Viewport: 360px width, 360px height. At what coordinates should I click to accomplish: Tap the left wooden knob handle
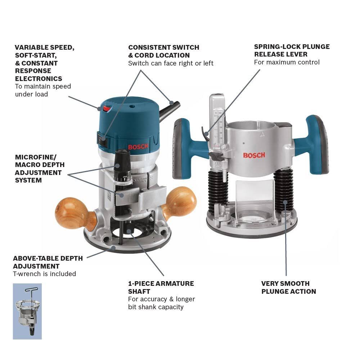pyautogui.click(x=72, y=213)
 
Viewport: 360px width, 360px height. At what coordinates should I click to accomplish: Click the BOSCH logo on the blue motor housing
pyautogui.click(x=137, y=147)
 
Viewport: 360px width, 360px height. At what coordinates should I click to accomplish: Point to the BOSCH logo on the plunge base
pyautogui.click(x=254, y=155)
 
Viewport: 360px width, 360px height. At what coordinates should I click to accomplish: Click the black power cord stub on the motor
pyautogui.click(x=170, y=109)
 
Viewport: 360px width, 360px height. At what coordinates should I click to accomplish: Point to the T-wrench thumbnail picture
pyautogui.click(x=27, y=311)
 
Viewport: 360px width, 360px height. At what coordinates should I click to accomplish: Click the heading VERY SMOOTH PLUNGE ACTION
pyautogui.click(x=288, y=287)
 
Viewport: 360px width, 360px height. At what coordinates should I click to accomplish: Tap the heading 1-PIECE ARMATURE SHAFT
pyautogui.click(x=161, y=287)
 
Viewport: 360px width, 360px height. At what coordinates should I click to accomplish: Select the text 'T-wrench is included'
pyautogui.click(x=45, y=274)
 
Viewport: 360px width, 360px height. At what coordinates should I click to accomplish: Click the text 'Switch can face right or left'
pyautogui.click(x=171, y=63)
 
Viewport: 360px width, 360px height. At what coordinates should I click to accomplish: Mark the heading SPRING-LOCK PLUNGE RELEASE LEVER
pyautogui.click(x=292, y=50)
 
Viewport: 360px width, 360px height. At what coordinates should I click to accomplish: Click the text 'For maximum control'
pyautogui.click(x=287, y=62)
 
